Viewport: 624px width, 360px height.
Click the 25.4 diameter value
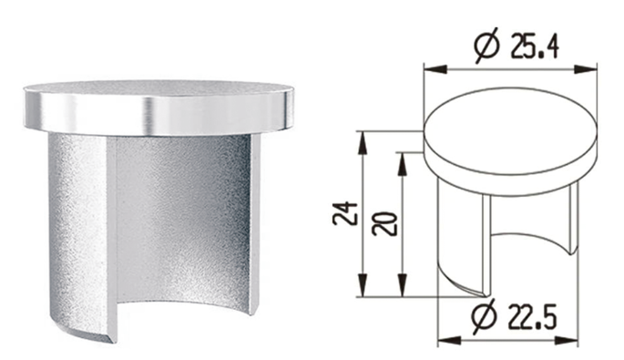[x=536, y=47]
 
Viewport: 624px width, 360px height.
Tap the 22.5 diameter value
[x=533, y=317]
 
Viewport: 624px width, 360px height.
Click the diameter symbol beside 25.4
[x=486, y=46]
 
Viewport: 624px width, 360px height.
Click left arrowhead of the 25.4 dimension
[x=435, y=69]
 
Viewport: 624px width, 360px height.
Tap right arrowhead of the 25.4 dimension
[x=586, y=69]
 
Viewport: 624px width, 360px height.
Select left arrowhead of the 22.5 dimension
[x=449, y=341]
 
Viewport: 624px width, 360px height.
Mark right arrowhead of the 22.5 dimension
[x=567, y=341]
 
